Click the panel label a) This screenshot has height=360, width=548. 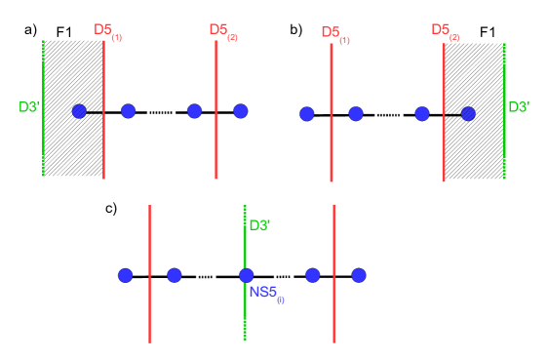[x=31, y=30]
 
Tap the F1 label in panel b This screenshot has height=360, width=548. [x=489, y=32]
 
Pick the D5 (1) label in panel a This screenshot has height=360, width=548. [x=108, y=31]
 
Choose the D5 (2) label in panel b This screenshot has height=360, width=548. [x=447, y=32]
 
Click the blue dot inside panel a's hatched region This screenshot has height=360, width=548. [x=80, y=111]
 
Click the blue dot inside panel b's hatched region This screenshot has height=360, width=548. [x=469, y=113]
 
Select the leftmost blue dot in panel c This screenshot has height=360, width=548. [x=125, y=275]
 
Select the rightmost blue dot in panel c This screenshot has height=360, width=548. [x=359, y=275]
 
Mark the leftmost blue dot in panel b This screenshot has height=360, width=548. [x=307, y=114]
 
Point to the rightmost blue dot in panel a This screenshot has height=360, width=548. [x=241, y=111]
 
